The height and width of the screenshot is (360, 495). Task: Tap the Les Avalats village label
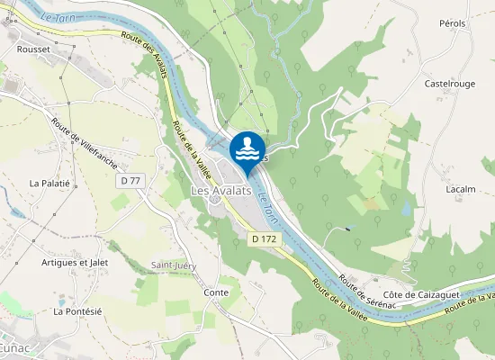point(220,191)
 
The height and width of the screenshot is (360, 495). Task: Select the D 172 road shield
point(264,238)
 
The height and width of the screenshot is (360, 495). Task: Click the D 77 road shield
point(130,181)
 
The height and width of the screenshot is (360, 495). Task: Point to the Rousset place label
point(32,50)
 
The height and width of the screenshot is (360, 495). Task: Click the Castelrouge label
point(450,84)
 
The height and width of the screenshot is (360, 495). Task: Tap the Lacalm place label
point(460,190)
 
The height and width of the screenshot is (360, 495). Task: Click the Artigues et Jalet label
point(75,263)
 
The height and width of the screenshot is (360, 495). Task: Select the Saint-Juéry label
point(174,265)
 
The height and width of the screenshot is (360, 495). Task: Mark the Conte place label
point(216,292)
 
